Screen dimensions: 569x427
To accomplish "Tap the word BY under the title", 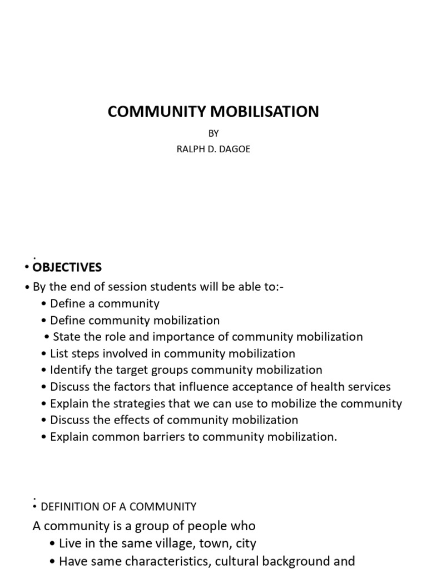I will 213,134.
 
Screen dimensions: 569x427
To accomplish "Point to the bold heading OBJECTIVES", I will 67,267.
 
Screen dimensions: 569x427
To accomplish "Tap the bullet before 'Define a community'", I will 44,304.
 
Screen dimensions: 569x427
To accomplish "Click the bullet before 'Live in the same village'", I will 53,544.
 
